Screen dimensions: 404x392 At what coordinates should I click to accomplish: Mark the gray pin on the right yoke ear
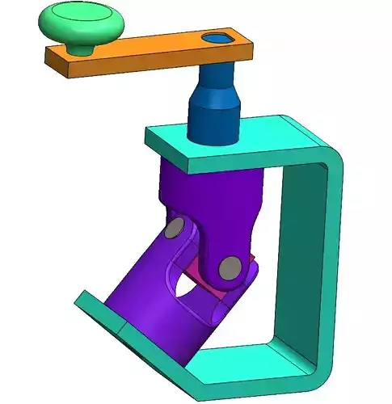[x=230, y=266]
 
